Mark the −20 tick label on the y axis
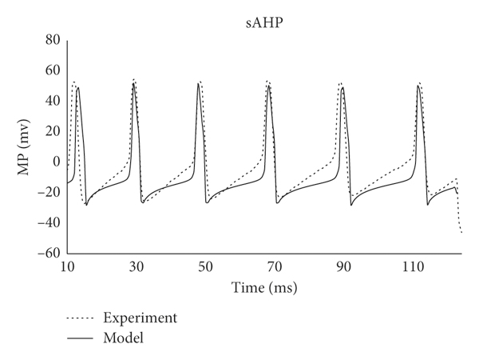pos(50,192)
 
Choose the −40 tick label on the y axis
pos(50,222)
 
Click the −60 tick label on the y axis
pos(50,253)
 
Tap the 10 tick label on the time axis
pos(67,266)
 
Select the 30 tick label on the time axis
pos(136,266)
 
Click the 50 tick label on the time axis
pos(204,266)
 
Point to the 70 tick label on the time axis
pos(274,266)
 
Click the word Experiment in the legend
pos(141,318)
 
